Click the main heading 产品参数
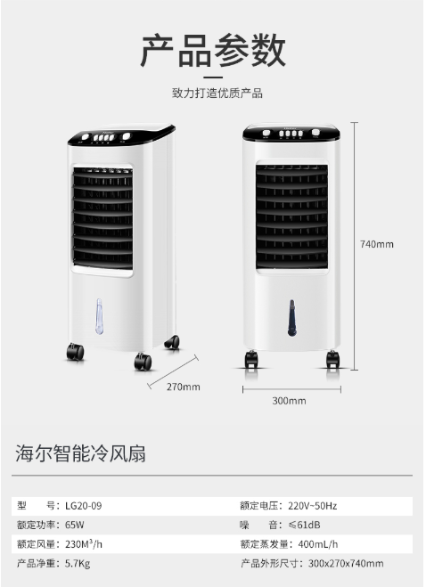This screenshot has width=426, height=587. pyautogui.click(x=213, y=50)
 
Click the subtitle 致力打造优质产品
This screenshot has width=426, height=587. pyautogui.click(x=217, y=94)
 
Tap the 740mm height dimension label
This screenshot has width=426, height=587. pyautogui.click(x=377, y=244)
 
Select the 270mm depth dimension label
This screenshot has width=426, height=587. pyautogui.click(x=184, y=387)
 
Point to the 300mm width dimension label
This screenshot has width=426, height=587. pyautogui.click(x=289, y=401)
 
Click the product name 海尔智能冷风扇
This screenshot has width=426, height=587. pyautogui.click(x=80, y=453)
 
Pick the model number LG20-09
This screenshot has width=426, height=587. pyautogui.click(x=83, y=506)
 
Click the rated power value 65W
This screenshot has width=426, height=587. pyautogui.click(x=75, y=525)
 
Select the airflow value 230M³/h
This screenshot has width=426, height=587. pyautogui.click(x=84, y=544)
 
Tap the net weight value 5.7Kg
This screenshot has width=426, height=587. pyautogui.click(x=78, y=564)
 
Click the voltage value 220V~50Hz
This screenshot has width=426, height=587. pyautogui.click(x=313, y=506)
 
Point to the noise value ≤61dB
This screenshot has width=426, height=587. pyautogui.click(x=304, y=525)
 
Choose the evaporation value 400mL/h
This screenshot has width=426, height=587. pyautogui.click(x=318, y=544)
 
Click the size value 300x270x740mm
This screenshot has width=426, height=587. pyautogui.click(x=346, y=564)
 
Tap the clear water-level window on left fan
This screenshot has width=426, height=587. pyautogui.click(x=99, y=316)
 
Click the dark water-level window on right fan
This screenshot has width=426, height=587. pyautogui.click(x=292, y=317)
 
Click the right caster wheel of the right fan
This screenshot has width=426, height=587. pyautogui.click(x=332, y=359)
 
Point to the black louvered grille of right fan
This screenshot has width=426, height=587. pyautogui.click(x=291, y=216)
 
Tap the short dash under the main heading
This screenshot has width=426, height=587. pyautogui.click(x=213, y=77)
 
